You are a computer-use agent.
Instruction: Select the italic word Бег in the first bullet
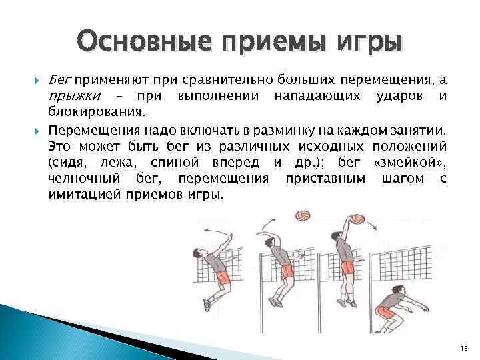click(x=60, y=80)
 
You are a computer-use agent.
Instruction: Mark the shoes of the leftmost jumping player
click(x=209, y=305)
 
